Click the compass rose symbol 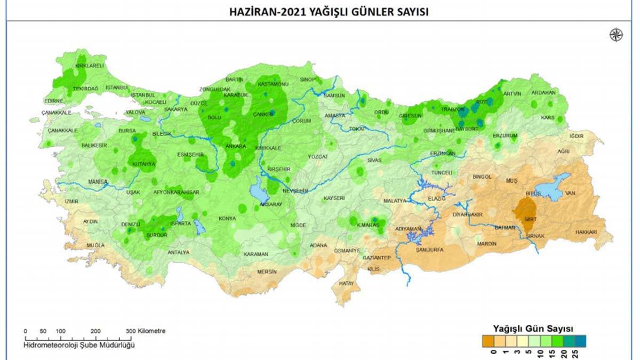[x=616, y=35]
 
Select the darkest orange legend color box [x=487, y=340]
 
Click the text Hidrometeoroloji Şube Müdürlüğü [x=79, y=345]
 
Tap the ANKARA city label [x=236, y=146]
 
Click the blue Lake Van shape [x=555, y=188]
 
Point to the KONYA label [x=227, y=219]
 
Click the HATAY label [x=347, y=283]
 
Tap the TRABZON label [x=452, y=109]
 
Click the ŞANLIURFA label [x=430, y=249]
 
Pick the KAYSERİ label [x=334, y=198]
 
